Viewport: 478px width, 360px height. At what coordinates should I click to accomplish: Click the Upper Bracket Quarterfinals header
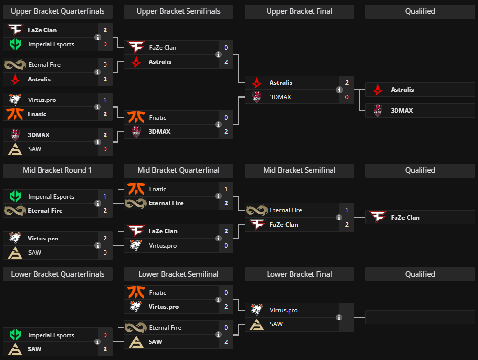tap(58, 11)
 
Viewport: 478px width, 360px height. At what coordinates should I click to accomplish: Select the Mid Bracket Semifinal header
tap(299, 170)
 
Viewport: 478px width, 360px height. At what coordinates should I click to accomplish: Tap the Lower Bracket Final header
tap(299, 274)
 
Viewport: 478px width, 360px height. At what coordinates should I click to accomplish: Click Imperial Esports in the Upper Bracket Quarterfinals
tap(51, 44)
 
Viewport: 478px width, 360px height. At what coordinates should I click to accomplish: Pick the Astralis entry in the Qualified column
tap(402, 90)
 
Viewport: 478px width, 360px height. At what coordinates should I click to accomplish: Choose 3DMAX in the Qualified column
tap(401, 111)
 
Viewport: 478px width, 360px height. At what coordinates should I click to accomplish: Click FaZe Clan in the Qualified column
tap(405, 218)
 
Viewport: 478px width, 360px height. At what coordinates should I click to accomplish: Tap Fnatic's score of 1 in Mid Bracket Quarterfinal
tap(226, 189)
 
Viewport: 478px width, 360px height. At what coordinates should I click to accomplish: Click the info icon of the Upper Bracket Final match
tap(339, 90)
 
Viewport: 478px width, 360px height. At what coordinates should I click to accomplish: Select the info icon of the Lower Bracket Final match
tap(339, 317)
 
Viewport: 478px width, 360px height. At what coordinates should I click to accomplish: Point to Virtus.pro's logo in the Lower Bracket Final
tap(256, 310)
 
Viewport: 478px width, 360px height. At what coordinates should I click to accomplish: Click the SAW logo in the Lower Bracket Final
tap(256, 324)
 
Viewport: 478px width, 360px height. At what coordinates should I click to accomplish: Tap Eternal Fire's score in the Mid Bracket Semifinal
tap(346, 210)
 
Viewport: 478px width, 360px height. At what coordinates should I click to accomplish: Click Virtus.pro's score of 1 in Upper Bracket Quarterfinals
tap(105, 100)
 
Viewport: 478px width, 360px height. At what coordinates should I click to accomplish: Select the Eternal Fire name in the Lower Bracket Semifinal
tap(165, 328)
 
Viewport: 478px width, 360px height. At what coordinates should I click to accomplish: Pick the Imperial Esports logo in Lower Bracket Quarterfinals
tap(15, 335)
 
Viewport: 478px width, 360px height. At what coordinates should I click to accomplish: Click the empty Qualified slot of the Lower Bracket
tap(420, 317)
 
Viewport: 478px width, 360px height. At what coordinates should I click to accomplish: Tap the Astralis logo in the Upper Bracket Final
tap(256, 83)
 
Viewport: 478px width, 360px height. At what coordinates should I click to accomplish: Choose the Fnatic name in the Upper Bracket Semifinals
tap(157, 118)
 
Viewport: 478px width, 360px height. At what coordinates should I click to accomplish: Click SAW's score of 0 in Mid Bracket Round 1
tap(105, 253)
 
